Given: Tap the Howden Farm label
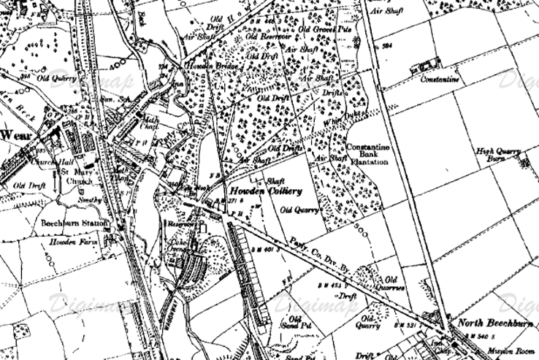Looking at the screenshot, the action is pos(67,241).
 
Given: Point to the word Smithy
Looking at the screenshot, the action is pos(85,199).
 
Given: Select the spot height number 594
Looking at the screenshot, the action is pos(387,46).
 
